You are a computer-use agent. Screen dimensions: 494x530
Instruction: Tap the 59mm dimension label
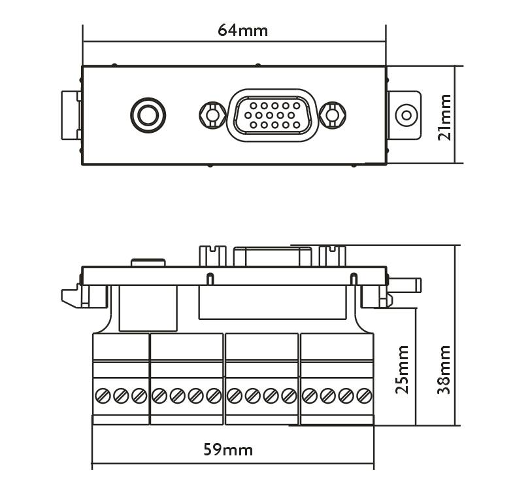point(228,450)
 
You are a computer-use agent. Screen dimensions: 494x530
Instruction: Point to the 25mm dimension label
point(403,369)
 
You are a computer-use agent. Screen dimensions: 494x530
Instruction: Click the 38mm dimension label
point(444,369)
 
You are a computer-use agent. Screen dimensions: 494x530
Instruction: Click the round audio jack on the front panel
point(148,116)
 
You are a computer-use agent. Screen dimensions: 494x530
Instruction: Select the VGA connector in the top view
point(273,115)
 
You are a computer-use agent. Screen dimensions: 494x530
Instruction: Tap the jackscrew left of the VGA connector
point(212,115)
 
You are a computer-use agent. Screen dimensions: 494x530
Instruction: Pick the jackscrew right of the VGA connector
point(333,115)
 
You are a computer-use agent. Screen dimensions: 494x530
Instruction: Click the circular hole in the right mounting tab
point(406,116)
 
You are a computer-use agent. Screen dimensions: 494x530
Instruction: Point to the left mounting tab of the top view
point(71,115)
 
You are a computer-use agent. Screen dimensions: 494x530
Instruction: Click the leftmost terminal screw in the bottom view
point(103,395)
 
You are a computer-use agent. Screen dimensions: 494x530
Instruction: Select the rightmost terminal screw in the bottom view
point(365,395)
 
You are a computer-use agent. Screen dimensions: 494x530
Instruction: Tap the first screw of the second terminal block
point(159,395)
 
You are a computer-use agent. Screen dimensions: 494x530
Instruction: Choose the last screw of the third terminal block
point(289,395)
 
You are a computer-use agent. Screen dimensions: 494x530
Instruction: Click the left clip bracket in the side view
point(75,297)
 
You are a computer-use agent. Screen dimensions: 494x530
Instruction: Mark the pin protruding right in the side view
point(405,285)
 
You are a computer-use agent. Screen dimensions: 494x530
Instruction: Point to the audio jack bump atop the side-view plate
point(148,262)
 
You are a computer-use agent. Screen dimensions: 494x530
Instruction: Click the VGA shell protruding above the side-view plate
point(273,256)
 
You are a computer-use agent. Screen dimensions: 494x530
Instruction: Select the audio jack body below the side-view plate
point(149,308)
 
